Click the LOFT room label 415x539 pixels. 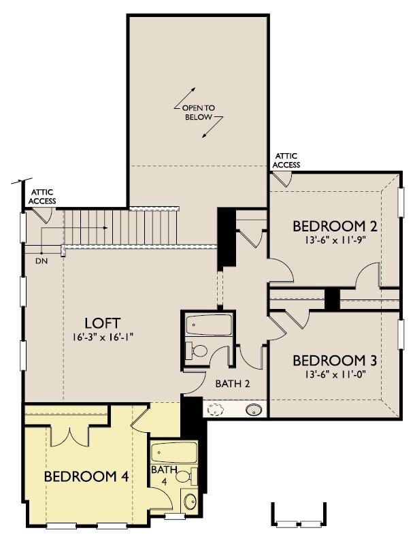(102, 323)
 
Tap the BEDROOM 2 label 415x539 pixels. (335, 226)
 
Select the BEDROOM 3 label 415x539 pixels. (335, 360)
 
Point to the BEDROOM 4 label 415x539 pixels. (86, 476)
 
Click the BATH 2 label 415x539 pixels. (233, 384)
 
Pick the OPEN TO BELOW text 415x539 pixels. (199, 112)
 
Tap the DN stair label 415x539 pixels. (41, 261)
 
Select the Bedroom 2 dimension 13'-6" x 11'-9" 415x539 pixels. (335, 240)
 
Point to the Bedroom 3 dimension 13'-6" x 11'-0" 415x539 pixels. (335, 374)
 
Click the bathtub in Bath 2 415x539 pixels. (209, 324)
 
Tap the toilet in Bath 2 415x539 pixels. (195, 350)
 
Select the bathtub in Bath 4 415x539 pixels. (174, 453)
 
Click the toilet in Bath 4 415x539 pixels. (187, 476)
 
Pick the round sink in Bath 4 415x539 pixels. (190, 502)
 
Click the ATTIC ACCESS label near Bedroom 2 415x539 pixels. (286, 161)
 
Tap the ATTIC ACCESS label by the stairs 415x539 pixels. (42, 197)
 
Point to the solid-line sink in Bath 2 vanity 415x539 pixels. (254, 410)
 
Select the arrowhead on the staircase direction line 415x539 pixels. (105, 227)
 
